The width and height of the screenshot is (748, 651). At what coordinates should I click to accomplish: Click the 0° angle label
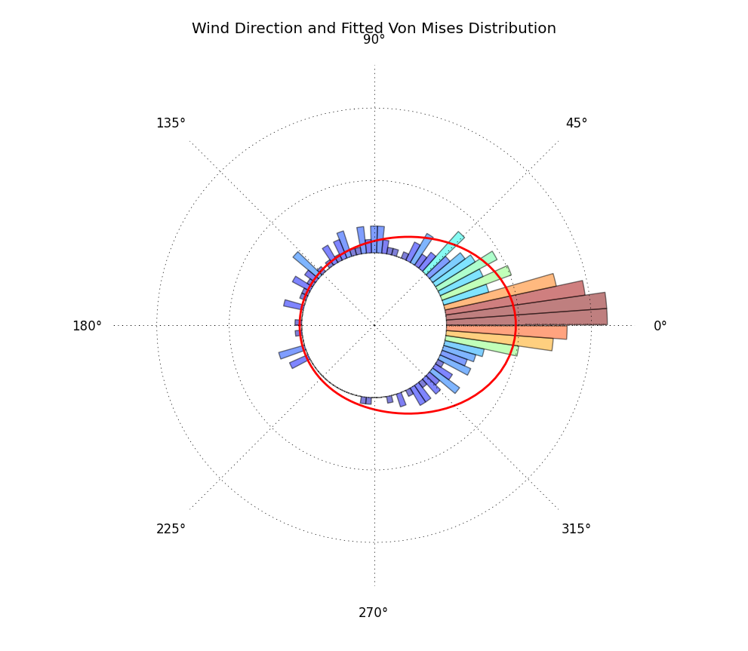pos(660,326)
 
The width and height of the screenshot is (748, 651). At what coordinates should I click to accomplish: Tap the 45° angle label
pos(576,123)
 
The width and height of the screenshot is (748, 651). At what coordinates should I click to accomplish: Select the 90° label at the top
pos(374,39)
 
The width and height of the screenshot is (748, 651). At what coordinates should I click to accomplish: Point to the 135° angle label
pos(171,123)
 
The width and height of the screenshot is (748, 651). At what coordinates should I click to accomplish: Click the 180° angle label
pos(87,326)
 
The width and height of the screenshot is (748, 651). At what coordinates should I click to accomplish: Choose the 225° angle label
pos(171,529)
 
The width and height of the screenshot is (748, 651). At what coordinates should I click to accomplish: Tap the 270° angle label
pos(373,613)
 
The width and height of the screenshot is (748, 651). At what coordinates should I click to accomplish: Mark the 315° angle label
pos(576,529)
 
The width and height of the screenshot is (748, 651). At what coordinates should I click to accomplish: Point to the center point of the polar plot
pos(374,325)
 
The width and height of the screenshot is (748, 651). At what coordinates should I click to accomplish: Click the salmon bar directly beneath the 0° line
pos(513,332)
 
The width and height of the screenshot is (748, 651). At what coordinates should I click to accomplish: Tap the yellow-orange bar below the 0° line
pos(506,342)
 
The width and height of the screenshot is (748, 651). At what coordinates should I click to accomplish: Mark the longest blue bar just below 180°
pos(291,352)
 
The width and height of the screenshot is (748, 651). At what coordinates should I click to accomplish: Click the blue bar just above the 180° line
pos(293,305)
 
